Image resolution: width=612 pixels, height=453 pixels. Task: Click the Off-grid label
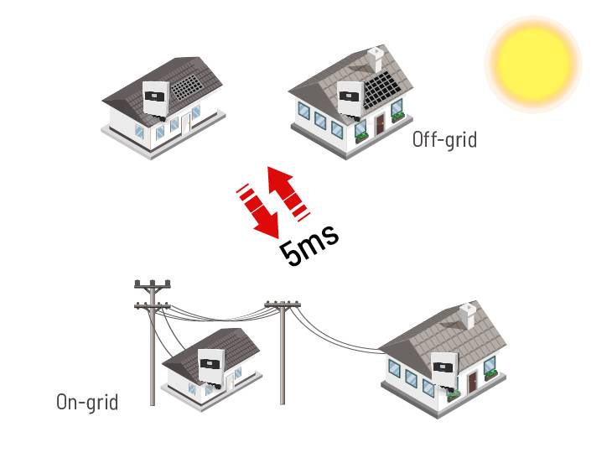[444, 139]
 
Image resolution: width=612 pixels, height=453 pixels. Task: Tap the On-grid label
[87, 402]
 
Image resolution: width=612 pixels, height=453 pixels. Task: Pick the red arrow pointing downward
[259, 210]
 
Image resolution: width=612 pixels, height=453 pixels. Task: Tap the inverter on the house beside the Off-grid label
[350, 100]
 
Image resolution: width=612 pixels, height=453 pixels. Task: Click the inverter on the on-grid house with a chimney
[443, 370]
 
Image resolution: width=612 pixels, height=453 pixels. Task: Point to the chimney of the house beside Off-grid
[376, 59]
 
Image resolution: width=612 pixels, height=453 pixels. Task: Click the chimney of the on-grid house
[469, 315]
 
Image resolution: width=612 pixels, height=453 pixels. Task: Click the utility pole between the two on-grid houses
[283, 352]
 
